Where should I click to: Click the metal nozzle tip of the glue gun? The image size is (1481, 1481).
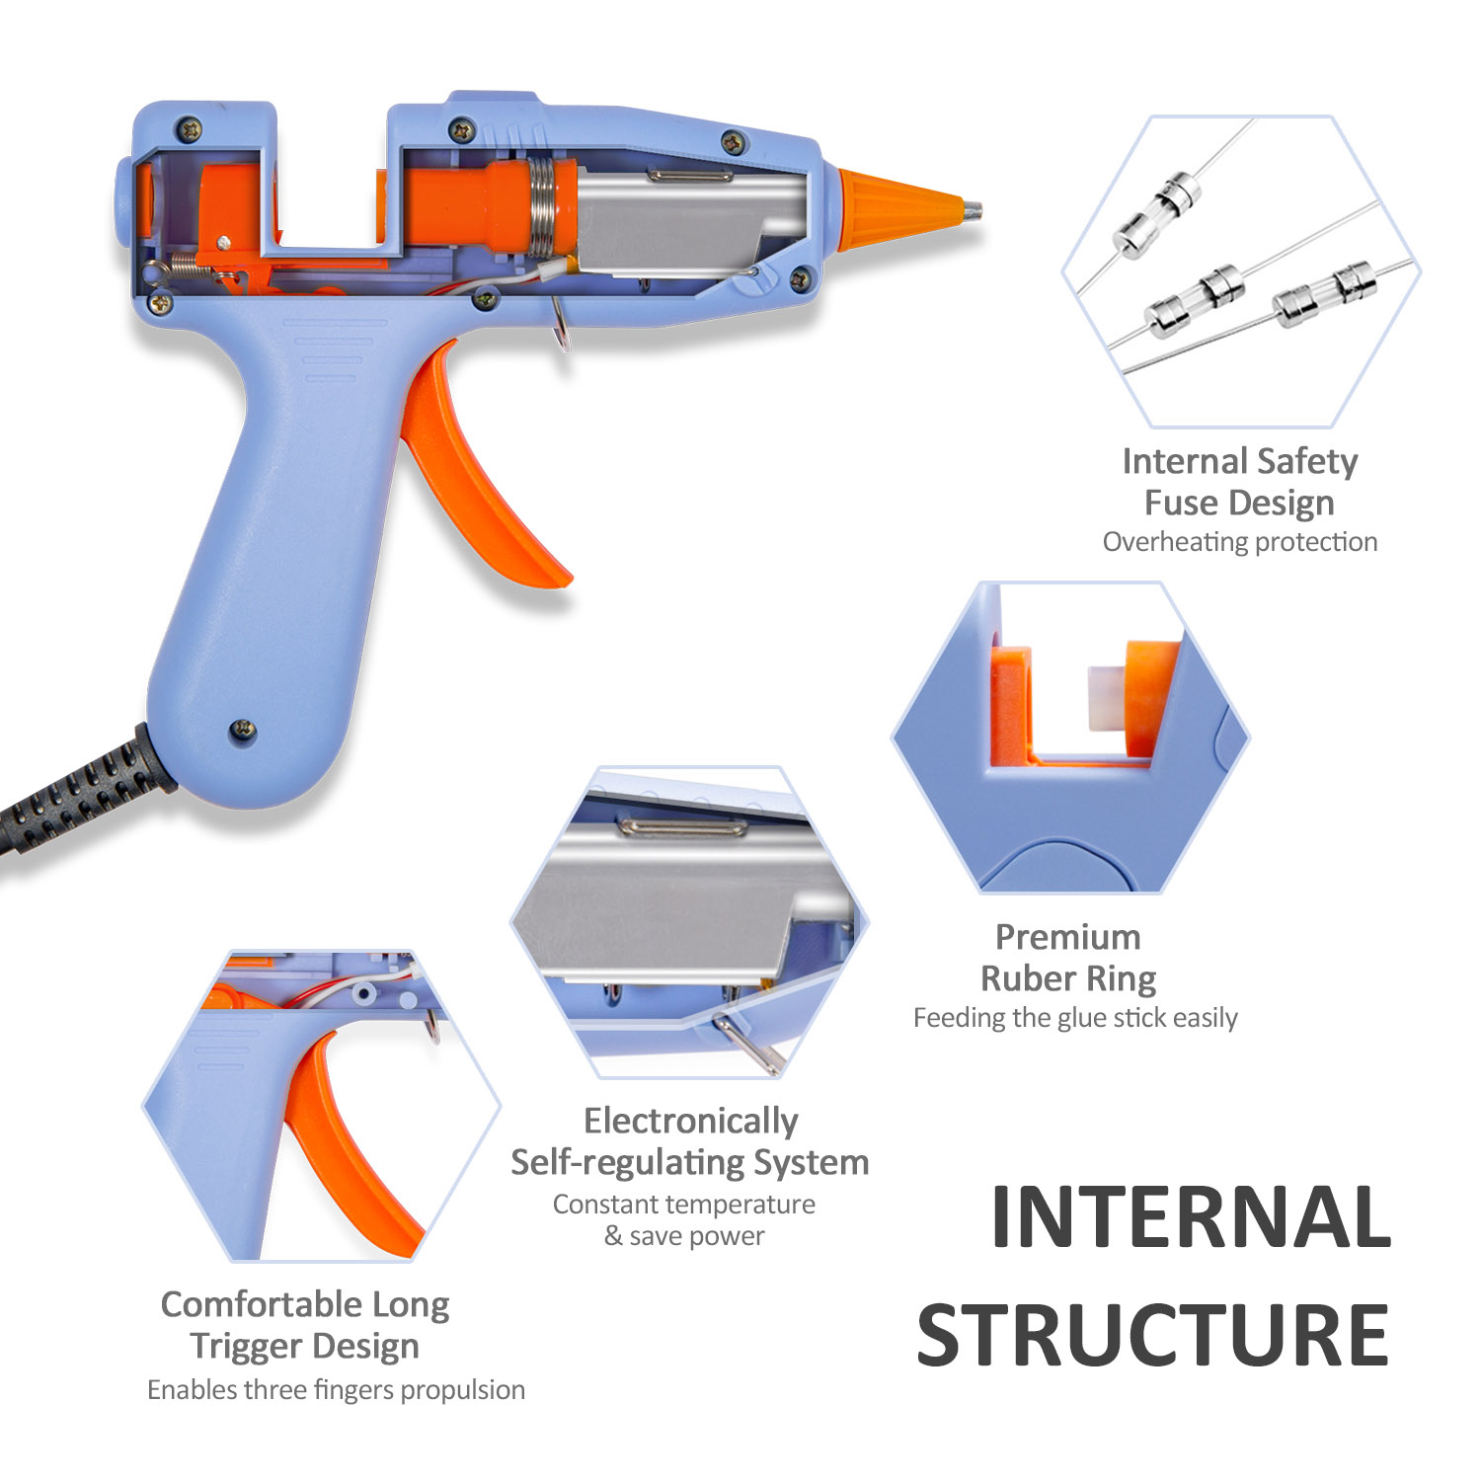[974, 210]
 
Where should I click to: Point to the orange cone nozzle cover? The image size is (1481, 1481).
[894, 209]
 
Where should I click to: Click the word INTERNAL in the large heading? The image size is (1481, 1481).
[1191, 1217]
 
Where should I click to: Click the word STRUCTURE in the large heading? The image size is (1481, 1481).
[1153, 1335]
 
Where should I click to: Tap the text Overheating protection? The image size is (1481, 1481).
[1239, 542]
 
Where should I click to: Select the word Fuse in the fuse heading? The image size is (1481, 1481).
[1181, 503]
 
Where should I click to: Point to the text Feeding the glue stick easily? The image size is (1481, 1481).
[1075, 1018]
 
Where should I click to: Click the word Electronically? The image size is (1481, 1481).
[690, 1121]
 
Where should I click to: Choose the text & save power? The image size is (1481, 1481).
[684, 1236]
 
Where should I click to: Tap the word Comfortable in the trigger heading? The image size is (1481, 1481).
[262, 1304]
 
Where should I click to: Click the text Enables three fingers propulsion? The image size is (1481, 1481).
[336, 1390]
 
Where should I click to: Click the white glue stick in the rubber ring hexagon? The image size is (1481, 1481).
[1104, 697]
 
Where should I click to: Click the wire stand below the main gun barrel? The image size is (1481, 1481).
[561, 326]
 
